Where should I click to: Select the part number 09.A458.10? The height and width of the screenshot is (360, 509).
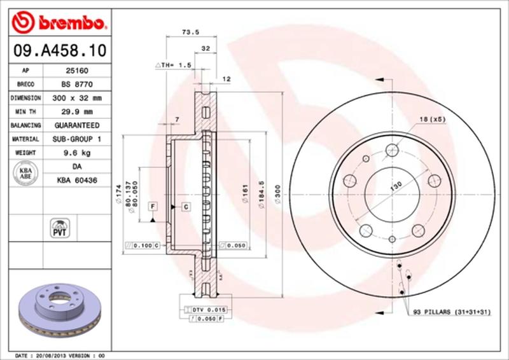coord(57,49)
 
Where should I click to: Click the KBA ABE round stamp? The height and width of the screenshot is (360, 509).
coord(26,173)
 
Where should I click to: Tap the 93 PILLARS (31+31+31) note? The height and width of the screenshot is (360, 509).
coord(452,313)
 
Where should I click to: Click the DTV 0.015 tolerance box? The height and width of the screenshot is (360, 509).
coord(207,309)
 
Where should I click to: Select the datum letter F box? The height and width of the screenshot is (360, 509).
coord(153,205)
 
